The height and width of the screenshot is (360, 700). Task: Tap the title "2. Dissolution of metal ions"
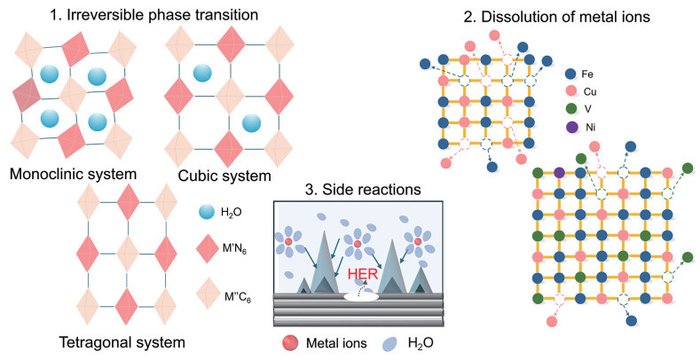pos(556,17)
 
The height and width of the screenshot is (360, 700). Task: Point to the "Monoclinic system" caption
pos(74,174)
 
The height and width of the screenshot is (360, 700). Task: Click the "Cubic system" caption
pos(224,176)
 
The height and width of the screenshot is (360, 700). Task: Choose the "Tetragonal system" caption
pos(122,342)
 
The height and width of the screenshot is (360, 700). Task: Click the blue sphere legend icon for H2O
pos(207,212)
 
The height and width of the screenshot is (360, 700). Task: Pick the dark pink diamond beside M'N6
pos(207,249)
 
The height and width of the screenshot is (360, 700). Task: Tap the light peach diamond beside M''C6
pos(207,293)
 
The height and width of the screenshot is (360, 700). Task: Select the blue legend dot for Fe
pos(570,74)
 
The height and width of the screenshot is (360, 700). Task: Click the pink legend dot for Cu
pos(570,92)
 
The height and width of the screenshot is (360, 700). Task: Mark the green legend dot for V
pos(570,110)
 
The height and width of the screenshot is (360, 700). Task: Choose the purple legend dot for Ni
pos(570,127)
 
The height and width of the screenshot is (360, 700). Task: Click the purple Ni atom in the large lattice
pos(559,173)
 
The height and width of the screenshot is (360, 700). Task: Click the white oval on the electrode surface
pos(362,296)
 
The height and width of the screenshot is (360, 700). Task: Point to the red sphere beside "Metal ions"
pos(290,342)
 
